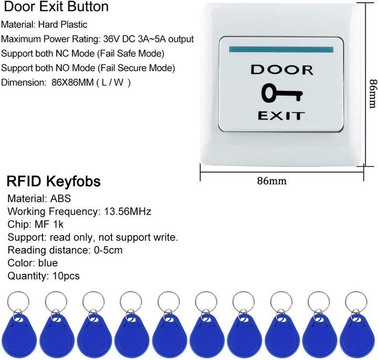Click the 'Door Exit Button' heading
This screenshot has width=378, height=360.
click(x=56, y=7)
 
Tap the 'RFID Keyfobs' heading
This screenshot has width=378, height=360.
click(x=54, y=181)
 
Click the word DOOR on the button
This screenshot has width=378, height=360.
click(x=282, y=70)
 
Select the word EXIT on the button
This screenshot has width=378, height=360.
click(x=281, y=116)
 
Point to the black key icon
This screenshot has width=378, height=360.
click(x=282, y=93)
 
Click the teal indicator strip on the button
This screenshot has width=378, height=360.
click(x=281, y=49)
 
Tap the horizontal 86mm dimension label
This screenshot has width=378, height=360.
click(x=272, y=180)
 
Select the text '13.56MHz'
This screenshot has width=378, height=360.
click(x=128, y=211)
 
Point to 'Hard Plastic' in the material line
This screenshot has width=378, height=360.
click(x=62, y=25)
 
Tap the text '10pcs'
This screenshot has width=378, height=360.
click(x=66, y=276)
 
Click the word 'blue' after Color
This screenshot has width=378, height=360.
click(x=48, y=263)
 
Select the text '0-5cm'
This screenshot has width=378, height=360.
click(x=108, y=250)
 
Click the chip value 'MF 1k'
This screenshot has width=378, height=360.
click(x=49, y=224)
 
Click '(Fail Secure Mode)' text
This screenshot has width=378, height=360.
click(x=136, y=68)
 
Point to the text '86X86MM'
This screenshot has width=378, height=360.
click(x=72, y=83)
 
